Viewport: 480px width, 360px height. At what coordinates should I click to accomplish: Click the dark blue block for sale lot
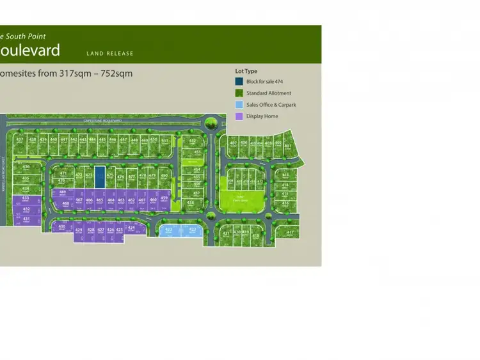(x=99, y=176)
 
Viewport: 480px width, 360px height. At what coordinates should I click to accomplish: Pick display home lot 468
(x=65, y=204)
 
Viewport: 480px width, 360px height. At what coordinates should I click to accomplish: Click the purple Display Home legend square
(x=239, y=116)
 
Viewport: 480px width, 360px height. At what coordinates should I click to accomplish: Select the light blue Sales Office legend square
(x=239, y=105)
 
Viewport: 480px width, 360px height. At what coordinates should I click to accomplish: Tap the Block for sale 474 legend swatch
(x=239, y=82)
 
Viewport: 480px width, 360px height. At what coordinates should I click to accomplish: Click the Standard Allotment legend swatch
(x=239, y=93)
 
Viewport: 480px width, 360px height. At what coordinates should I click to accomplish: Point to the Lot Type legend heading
(x=246, y=71)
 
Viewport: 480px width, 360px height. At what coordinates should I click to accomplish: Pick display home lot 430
(x=61, y=228)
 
